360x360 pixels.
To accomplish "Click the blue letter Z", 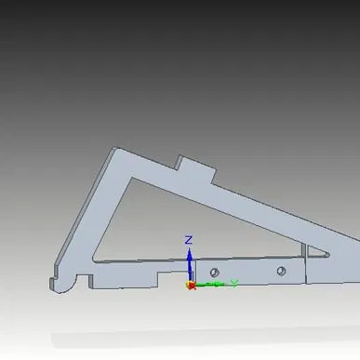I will [188, 240].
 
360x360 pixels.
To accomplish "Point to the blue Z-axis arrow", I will [189, 261].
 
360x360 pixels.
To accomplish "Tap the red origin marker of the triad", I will [190, 285].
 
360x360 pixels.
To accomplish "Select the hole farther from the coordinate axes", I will [279, 271].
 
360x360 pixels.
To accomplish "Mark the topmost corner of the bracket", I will [113, 148].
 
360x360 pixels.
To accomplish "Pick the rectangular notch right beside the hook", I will [82, 277].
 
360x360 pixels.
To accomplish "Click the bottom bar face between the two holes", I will [247, 271].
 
